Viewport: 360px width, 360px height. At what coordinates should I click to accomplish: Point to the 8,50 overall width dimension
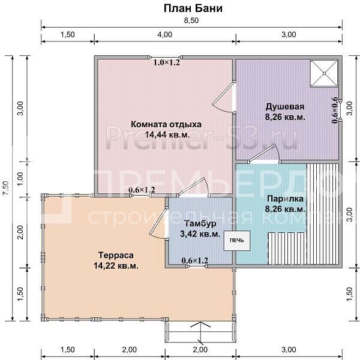(191, 21)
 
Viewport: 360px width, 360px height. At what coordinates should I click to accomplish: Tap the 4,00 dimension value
(164, 35)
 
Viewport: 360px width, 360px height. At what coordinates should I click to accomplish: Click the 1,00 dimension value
(21, 178)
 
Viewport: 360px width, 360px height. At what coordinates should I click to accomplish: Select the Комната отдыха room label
(166, 124)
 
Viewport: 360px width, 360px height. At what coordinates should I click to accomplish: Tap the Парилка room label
(286, 199)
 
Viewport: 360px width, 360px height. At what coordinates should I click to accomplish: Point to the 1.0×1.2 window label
(167, 62)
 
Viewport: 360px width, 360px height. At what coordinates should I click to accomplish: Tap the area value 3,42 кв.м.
(200, 234)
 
